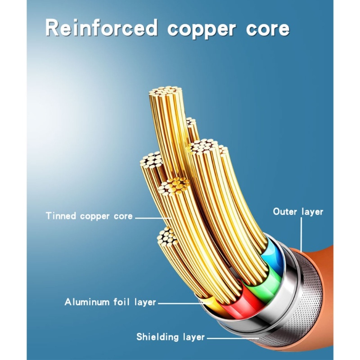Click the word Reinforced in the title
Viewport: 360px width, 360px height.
[x=101, y=28]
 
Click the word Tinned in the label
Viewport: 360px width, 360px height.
[x=61, y=216]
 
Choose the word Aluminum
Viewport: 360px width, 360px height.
[x=87, y=302]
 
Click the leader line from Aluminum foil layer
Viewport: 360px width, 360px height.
[x=180, y=303]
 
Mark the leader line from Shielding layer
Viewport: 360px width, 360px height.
[x=229, y=337]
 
